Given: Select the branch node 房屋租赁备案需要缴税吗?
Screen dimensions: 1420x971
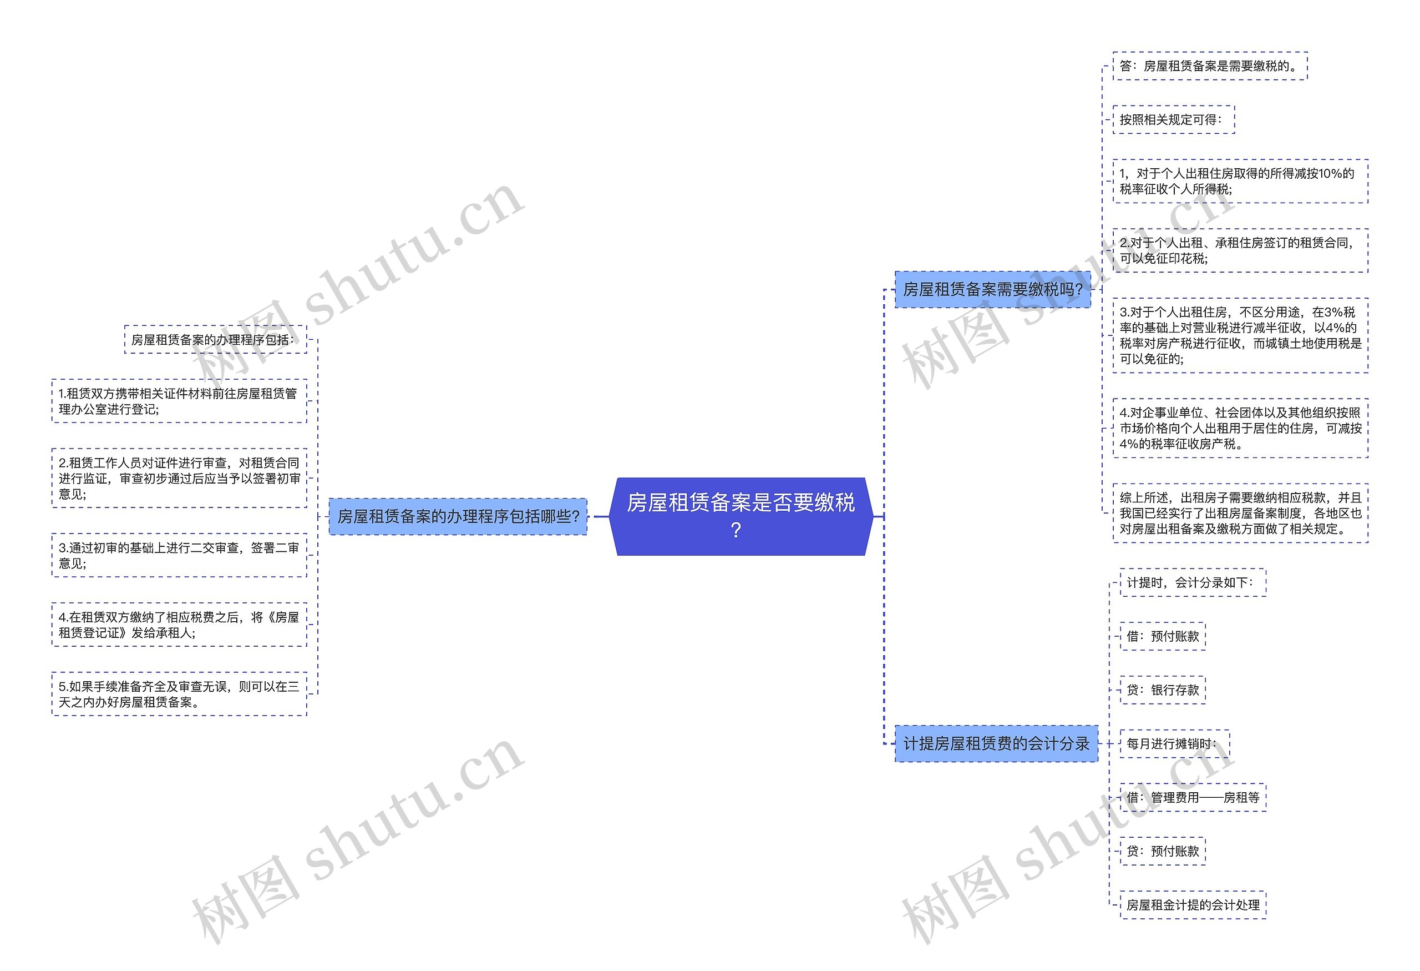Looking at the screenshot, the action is tap(992, 289).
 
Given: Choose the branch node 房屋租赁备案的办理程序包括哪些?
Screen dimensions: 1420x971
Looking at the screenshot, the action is tap(458, 517).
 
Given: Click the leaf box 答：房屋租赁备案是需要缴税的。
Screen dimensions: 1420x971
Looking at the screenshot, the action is tap(1209, 66).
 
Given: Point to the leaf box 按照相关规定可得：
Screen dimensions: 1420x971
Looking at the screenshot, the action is tap(1173, 120).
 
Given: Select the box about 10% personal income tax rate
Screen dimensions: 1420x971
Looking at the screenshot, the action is tap(1240, 181).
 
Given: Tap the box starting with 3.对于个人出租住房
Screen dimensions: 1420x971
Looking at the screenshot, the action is tap(1240, 335).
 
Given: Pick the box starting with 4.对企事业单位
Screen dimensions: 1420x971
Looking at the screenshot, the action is tap(1240, 428).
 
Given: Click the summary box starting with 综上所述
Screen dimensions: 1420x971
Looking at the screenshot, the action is tap(1240, 513).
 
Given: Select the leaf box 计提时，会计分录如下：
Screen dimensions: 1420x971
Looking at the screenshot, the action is tap(1192, 583).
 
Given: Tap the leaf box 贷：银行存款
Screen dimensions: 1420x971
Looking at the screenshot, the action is tap(1162, 690).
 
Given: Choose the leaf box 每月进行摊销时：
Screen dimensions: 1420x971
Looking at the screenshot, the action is tap(1174, 743).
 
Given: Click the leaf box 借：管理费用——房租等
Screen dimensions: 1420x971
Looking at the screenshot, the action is tap(1192, 797).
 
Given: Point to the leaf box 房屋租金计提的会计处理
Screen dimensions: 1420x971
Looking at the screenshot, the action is tap(1192, 905).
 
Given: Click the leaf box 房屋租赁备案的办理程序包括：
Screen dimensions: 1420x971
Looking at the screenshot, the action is tap(215, 340).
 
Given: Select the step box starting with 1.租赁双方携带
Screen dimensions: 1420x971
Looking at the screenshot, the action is tap(179, 401).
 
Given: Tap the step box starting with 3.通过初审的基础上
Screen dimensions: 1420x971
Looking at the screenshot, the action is tap(179, 555).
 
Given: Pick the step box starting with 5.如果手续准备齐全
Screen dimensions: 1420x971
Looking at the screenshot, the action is tap(179, 694).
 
